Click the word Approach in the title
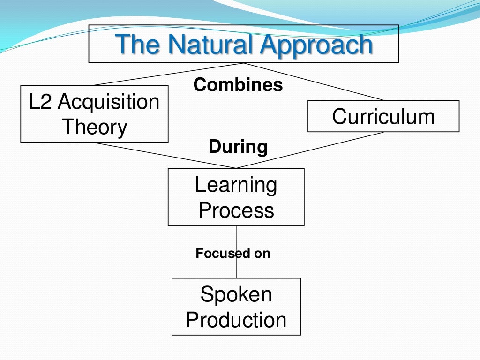[316, 45]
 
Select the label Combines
[238, 85]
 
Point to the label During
[238, 147]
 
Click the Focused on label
[233, 254]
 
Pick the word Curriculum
[383, 116]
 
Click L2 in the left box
[39, 102]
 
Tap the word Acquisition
[109, 102]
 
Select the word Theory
[95, 127]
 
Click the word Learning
[236, 185]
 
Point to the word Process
[236, 210]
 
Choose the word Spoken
[236, 294]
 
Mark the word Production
[236, 320]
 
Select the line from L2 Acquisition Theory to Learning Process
[164, 155]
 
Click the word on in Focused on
[262, 254]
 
